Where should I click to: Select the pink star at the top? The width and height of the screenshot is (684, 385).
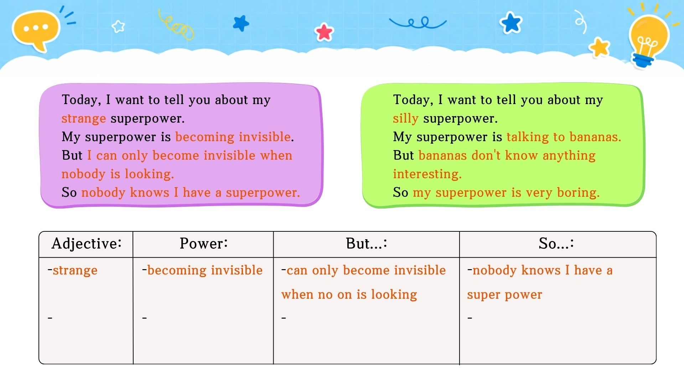pos(324,32)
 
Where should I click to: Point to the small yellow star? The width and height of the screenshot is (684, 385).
pos(600,47)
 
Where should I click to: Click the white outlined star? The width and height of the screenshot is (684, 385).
pos(118,26)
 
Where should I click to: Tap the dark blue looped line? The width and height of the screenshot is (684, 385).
pos(418,23)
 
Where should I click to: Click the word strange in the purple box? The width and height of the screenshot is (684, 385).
pos(84,118)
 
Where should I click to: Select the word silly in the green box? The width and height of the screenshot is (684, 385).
pos(406,118)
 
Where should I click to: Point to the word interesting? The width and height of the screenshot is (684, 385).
pos(427,174)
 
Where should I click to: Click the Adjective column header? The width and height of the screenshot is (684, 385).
pos(87,243)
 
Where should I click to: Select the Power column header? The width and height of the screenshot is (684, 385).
pos(204,243)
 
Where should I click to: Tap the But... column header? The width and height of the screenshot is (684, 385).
pos(367,243)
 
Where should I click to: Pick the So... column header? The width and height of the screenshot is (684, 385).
pos(556,243)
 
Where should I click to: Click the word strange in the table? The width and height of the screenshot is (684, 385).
pos(75,270)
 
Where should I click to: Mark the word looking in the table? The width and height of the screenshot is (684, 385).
pos(394,294)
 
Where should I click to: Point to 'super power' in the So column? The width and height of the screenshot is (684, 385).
pos(504,295)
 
